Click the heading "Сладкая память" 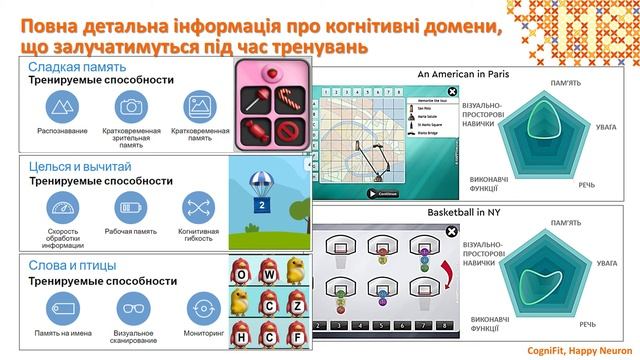pos(62,65)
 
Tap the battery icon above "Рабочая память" pos(129,207)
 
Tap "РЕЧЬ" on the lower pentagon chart pos(589,325)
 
